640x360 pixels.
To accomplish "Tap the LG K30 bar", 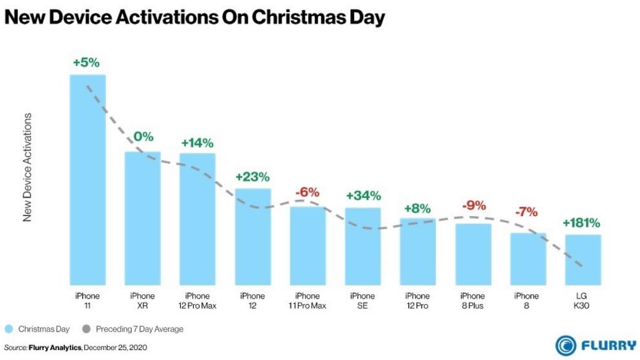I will (x=583, y=258).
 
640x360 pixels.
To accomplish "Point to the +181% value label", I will (x=581, y=223).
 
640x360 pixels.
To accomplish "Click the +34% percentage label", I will (x=363, y=196).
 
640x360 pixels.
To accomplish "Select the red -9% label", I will (x=472, y=206).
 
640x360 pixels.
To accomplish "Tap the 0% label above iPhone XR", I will (x=143, y=137).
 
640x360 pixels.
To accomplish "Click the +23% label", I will (x=252, y=177).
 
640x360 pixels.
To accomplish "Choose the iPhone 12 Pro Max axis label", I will (x=197, y=300).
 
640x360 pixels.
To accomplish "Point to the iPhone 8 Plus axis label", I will (x=472, y=300).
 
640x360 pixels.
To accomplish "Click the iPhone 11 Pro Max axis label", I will (x=308, y=300).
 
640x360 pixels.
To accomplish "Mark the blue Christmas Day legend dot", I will (x=9, y=329).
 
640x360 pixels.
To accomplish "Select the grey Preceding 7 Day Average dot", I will (x=87, y=329).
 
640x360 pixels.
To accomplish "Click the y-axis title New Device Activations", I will (x=27, y=167).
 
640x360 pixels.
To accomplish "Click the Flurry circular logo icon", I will (x=566, y=345).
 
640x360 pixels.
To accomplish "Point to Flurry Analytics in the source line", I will (x=54, y=348).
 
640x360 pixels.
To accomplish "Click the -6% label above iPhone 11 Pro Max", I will (x=307, y=193).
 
